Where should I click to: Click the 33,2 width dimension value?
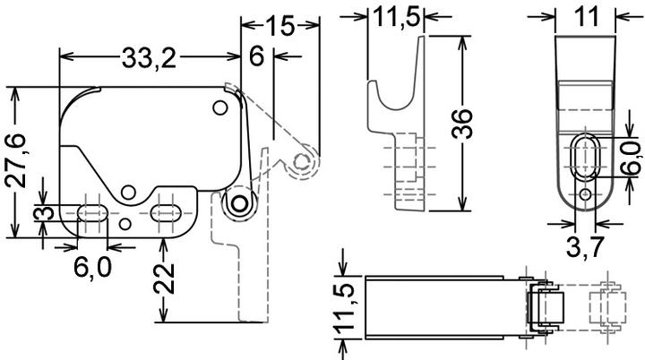pos(150,58)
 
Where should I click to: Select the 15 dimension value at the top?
pos(280,26)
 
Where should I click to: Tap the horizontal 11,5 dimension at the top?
pos(396,15)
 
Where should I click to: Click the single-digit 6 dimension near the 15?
pos(257,56)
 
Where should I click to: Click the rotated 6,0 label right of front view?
pos(630,159)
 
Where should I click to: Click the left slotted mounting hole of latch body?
pos(90,212)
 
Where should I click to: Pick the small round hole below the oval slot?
pos(585,193)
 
